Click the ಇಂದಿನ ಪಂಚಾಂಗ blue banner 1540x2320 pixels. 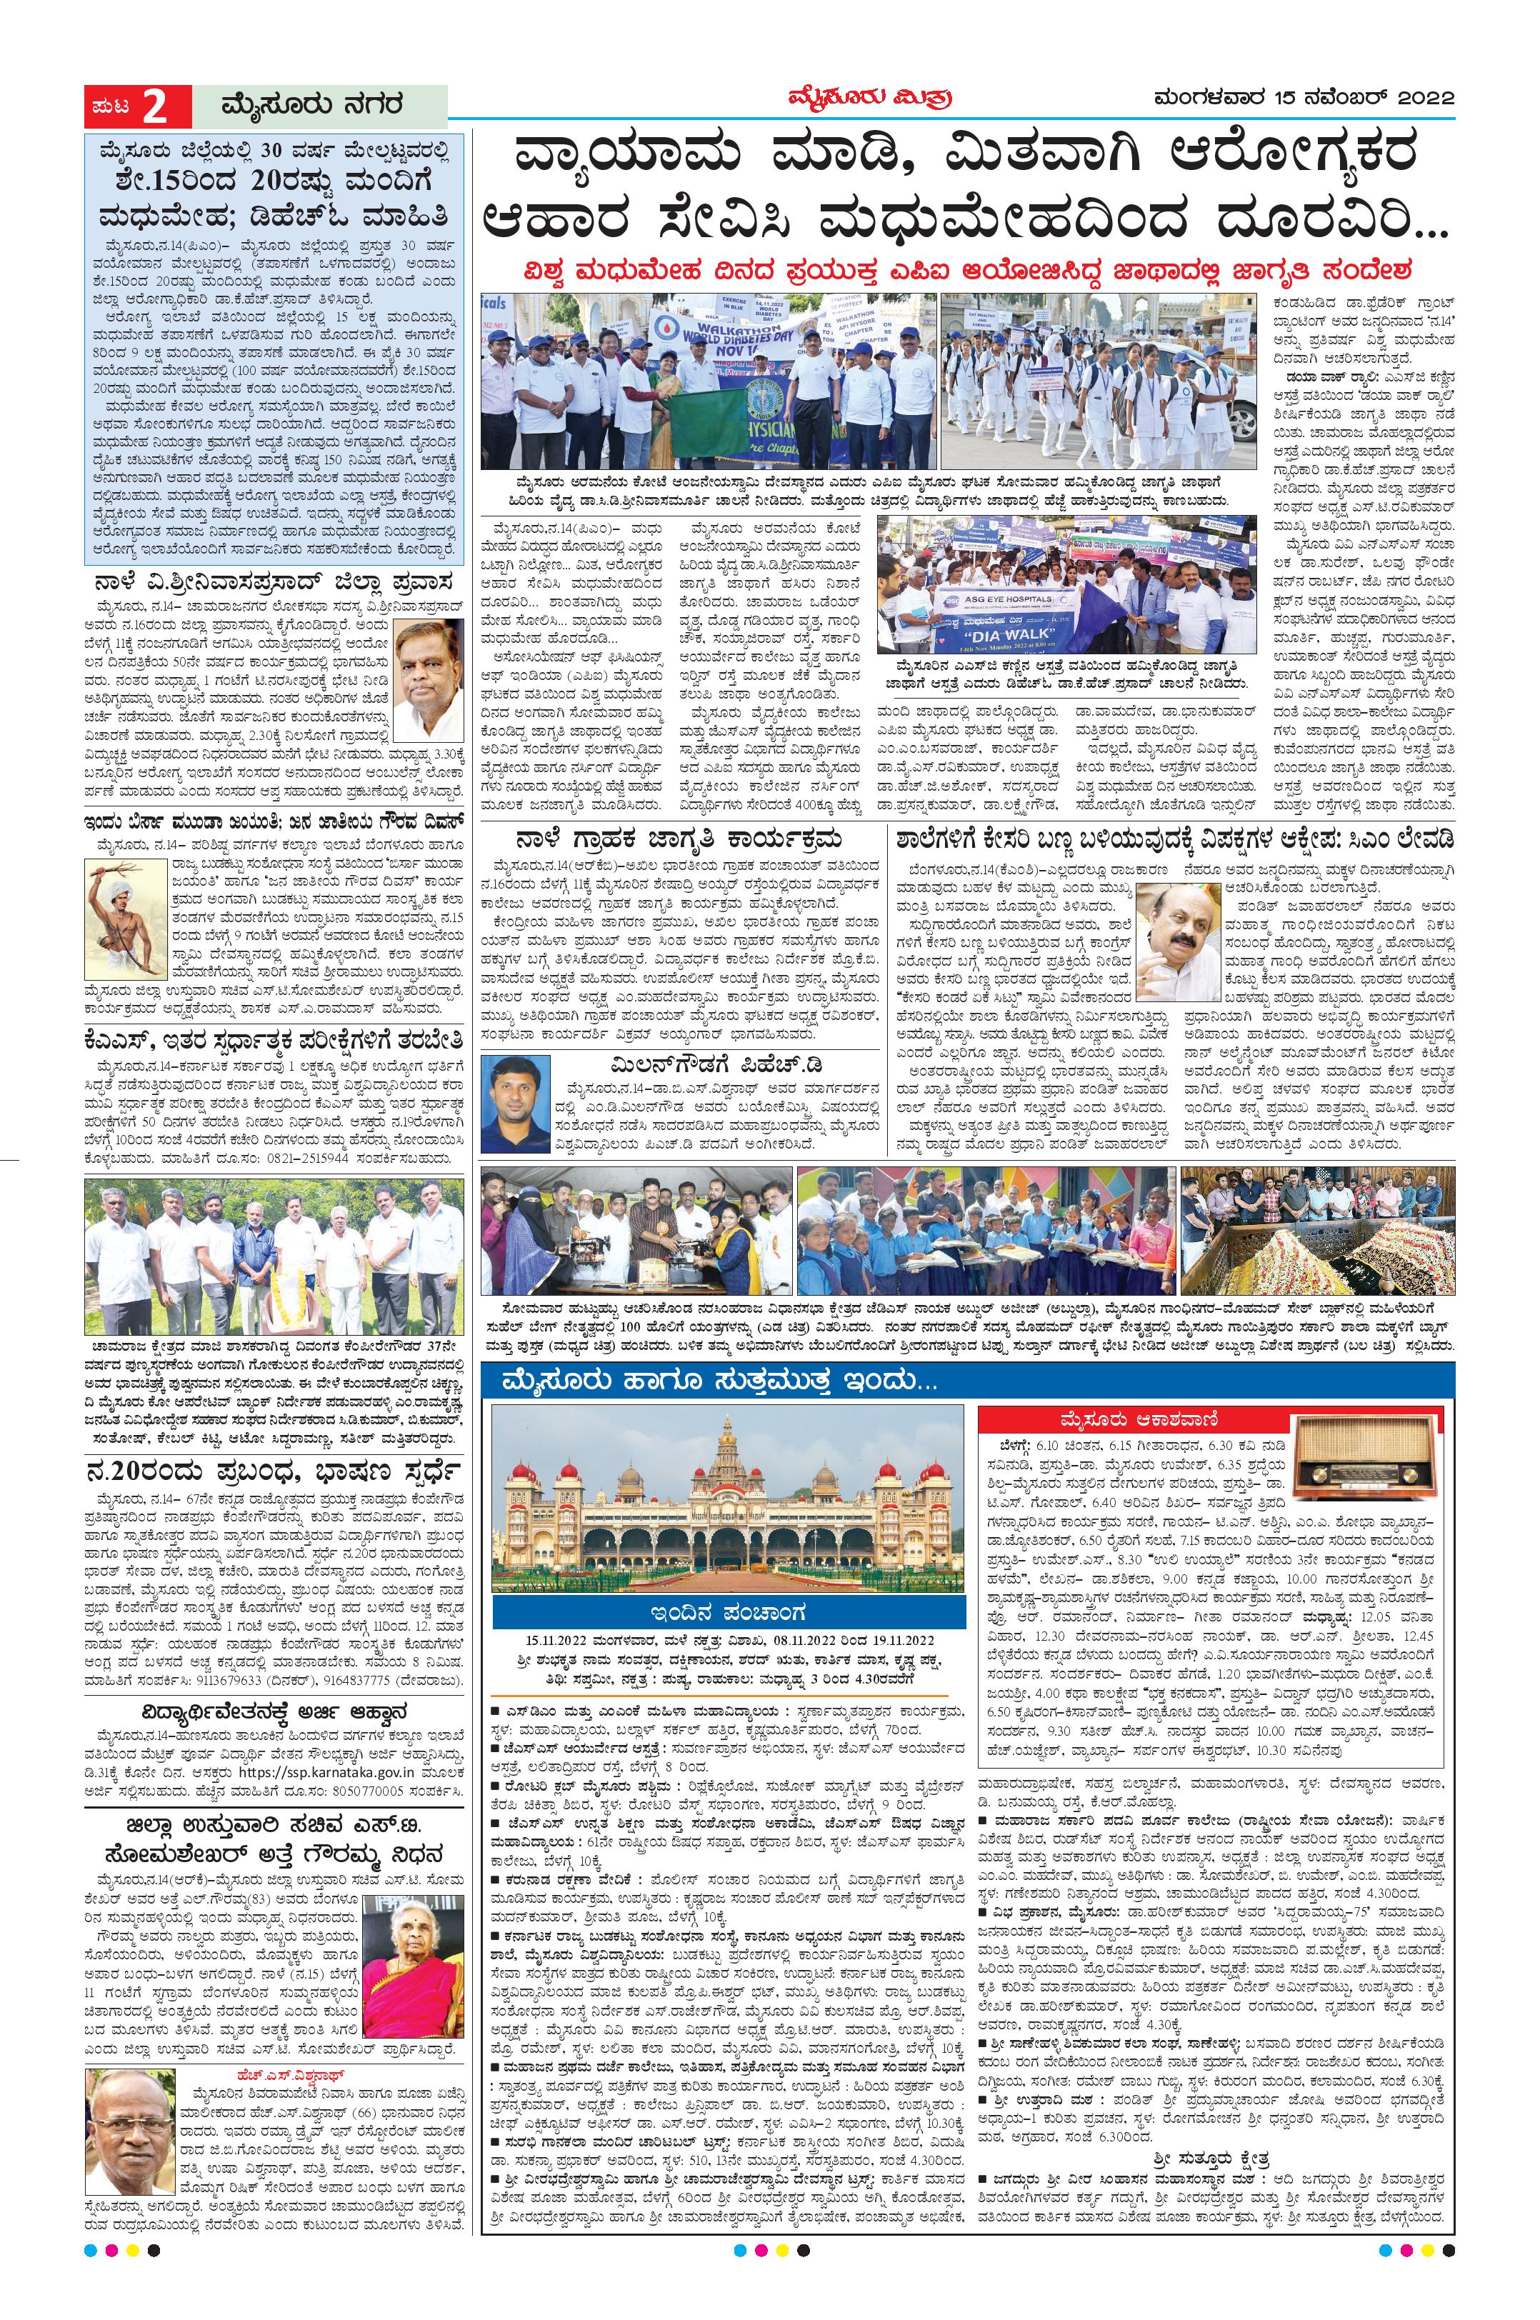[728, 1612]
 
